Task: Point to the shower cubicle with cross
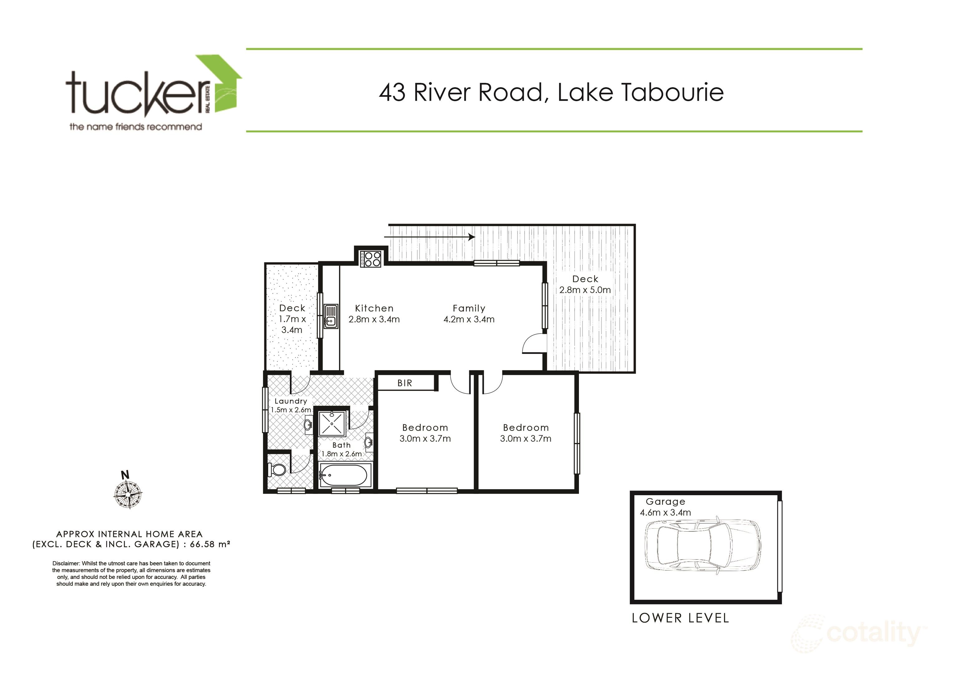(x=332, y=423)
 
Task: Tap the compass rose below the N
(x=128, y=495)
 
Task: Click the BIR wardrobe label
(x=405, y=383)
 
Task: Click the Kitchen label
(x=374, y=308)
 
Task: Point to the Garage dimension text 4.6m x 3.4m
(x=665, y=512)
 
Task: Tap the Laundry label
(x=290, y=401)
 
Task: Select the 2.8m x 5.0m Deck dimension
(x=585, y=290)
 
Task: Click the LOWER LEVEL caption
(x=680, y=618)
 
